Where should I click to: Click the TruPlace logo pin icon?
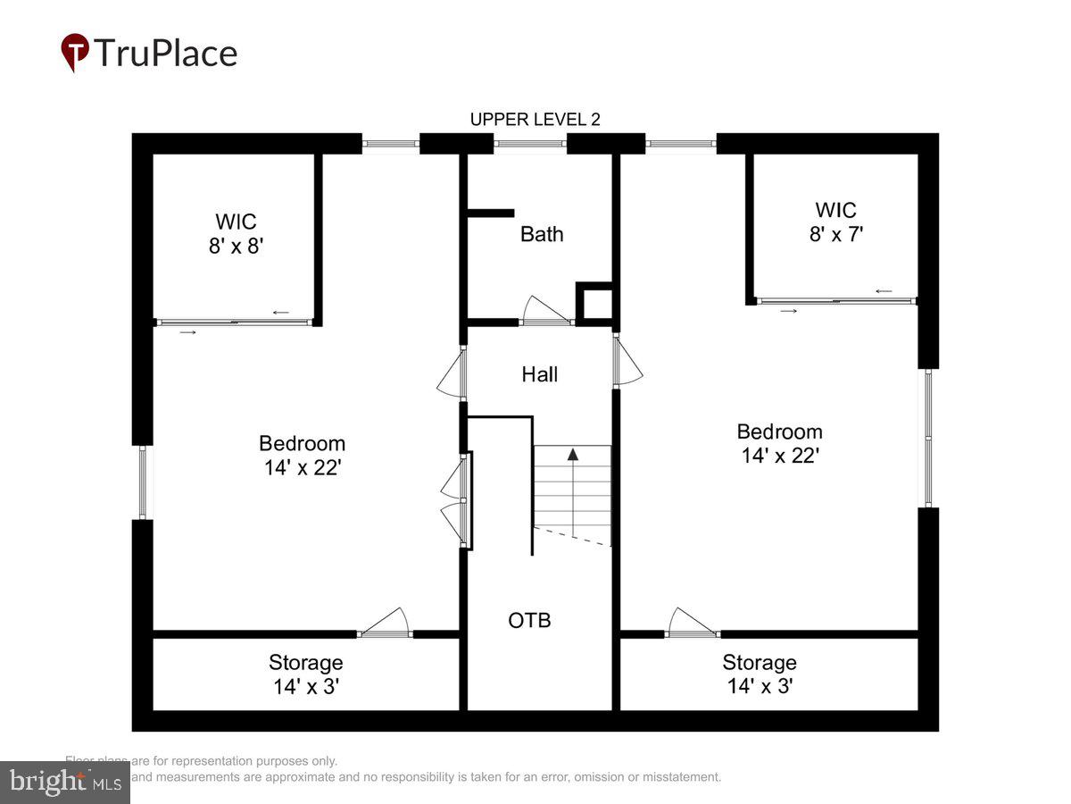75,52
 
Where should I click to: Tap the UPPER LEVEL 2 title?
535,120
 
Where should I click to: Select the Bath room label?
542,234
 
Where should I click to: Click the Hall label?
540,374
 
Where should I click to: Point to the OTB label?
529,619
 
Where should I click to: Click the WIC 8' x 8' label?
236,233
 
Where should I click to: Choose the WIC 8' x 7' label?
835,222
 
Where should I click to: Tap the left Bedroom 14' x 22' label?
302,456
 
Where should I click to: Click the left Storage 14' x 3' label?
305,674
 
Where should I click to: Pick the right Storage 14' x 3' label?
759,674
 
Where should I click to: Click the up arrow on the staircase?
573,454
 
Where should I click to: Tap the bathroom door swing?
544,310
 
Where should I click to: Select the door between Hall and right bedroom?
627,361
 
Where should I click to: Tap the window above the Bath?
530,143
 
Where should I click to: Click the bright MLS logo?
64,782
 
